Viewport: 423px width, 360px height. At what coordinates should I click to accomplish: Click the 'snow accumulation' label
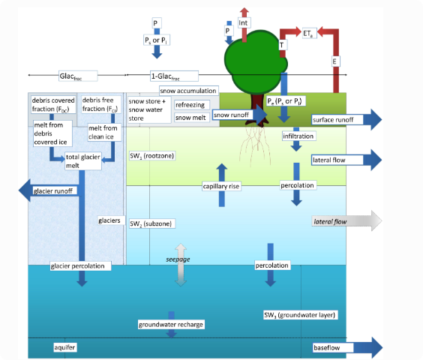tap(188, 91)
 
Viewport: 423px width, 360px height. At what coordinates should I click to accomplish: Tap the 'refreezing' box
tap(191, 105)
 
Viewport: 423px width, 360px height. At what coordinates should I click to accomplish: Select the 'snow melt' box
tap(191, 118)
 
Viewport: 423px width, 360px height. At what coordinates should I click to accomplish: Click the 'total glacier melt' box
tap(83, 161)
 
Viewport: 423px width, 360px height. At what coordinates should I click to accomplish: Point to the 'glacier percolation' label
tap(80, 266)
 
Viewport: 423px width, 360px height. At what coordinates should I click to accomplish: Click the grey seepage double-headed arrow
tap(181, 265)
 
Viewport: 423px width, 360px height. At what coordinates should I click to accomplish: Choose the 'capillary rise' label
tap(221, 186)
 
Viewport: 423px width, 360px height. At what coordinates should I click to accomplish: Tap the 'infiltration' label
tap(298, 136)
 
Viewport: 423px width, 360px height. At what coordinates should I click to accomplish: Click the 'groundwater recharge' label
tap(171, 325)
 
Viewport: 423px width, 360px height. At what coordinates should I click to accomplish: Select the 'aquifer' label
tap(65, 347)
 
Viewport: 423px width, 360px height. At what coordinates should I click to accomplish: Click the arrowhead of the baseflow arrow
tap(373, 347)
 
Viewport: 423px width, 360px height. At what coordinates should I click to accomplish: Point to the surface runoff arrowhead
tap(373, 119)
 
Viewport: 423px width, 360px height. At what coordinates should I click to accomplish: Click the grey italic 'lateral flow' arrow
tap(347, 221)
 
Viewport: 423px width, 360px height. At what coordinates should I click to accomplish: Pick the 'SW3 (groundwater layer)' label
tap(300, 315)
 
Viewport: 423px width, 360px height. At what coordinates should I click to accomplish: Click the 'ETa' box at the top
tap(309, 33)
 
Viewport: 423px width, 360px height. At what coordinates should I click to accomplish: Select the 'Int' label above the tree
tap(244, 23)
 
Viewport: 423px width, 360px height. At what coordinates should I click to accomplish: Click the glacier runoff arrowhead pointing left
tap(25, 190)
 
